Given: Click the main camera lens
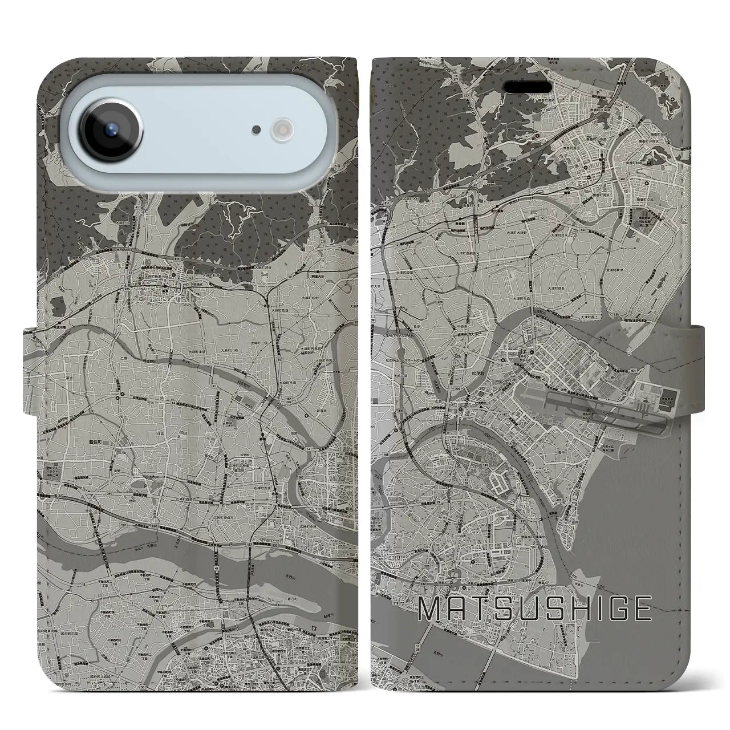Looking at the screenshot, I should (109, 129).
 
